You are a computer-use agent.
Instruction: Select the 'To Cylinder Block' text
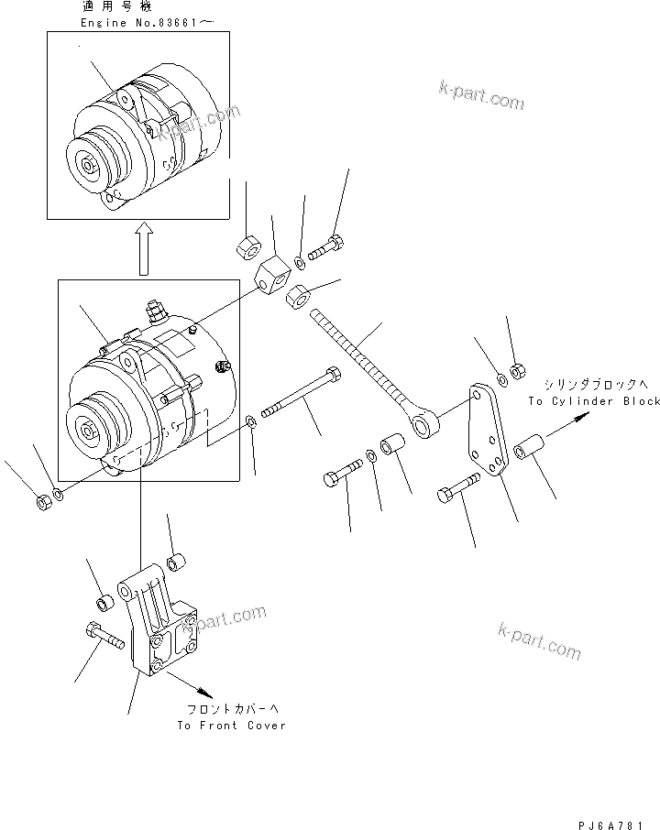click(593, 401)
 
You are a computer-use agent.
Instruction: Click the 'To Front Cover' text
click(231, 725)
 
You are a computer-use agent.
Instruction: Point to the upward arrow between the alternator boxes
click(143, 250)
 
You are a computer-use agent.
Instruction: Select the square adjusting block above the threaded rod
click(271, 276)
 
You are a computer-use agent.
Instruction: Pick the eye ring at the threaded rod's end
click(426, 425)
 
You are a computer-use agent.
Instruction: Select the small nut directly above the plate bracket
click(515, 370)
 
